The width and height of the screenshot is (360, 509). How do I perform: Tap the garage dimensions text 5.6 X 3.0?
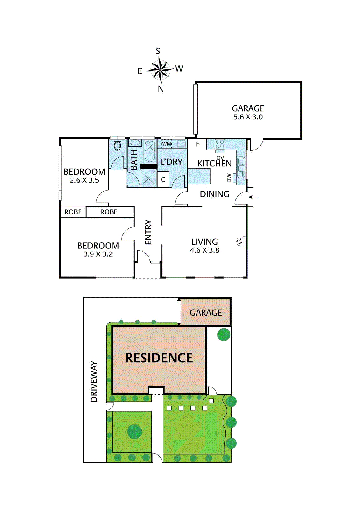pos(248,117)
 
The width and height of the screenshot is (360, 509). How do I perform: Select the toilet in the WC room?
pos(118,146)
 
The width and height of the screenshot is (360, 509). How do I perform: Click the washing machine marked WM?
pos(166,144)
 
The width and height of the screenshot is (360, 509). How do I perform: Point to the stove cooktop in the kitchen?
pos(220,144)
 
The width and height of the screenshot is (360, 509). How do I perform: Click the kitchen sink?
pos(241,167)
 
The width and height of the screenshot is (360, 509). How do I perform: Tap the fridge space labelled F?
pos(197,144)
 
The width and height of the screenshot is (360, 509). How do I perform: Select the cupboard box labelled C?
pos(163,180)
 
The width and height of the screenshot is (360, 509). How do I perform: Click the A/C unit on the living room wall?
pos(244,242)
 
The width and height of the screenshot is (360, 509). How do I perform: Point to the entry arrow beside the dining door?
pos(253,197)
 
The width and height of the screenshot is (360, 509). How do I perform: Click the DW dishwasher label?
pos(229,178)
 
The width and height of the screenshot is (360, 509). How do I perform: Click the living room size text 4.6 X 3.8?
pos(204,250)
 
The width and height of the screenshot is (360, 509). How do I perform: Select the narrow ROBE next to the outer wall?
pos(73,212)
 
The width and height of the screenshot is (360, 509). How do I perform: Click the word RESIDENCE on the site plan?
pos(159,358)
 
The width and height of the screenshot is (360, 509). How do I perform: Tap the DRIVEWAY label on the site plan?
pos(94,381)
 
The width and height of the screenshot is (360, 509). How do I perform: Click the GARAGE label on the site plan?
pos(206,313)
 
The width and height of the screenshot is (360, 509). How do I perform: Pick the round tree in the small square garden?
pos(134,432)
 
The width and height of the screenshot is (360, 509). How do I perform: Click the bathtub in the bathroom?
pos(149,151)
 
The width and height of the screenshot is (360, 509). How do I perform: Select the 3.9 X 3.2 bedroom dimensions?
pos(98,254)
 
